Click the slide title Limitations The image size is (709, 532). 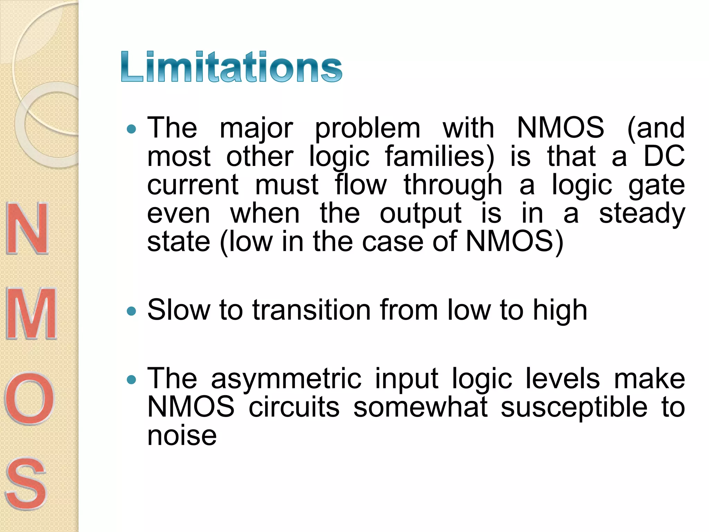pos(231,67)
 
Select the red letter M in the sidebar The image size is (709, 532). pos(31,313)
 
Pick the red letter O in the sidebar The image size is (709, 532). pos(29,398)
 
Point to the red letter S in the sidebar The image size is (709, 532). pos(26,483)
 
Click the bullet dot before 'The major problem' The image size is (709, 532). pos(132,130)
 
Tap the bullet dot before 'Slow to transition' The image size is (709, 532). pos(132,311)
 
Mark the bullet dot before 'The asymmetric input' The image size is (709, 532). pos(132,380)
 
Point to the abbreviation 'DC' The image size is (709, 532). pos(664,156)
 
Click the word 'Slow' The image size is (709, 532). pos(178,310)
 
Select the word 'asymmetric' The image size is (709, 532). pos(286,379)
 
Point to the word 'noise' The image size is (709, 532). pos(182,435)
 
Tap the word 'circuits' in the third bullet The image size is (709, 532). pos(294,407)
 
